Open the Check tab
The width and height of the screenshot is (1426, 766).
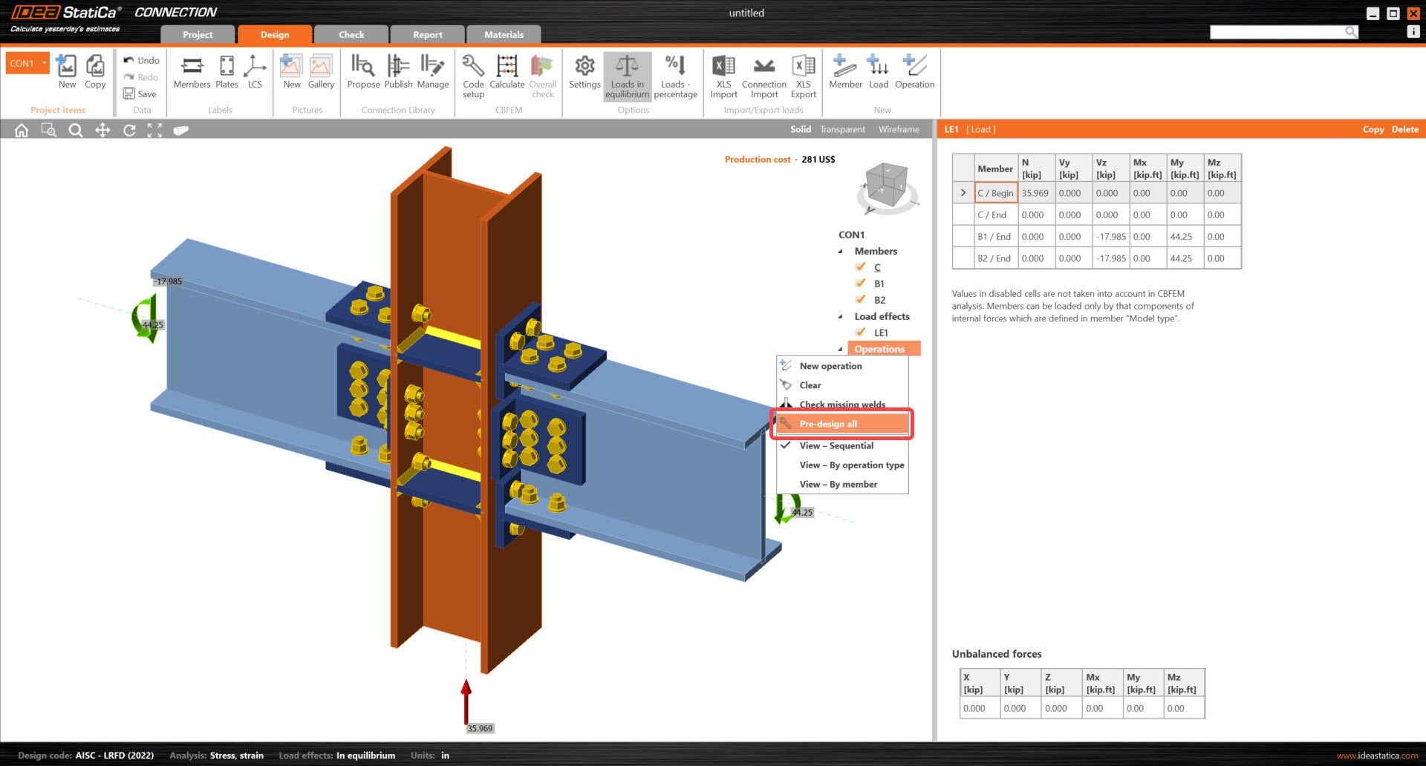(351, 34)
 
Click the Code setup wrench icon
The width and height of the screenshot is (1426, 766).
(473, 66)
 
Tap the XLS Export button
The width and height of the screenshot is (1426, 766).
(804, 76)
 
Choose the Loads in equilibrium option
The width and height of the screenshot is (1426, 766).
(627, 76)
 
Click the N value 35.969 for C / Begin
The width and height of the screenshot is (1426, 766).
(1035, 193)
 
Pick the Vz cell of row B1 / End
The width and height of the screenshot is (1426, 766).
(1111, 237)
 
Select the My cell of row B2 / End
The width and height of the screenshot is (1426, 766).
(1181, 258)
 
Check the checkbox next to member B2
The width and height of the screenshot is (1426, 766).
(860, 300)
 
